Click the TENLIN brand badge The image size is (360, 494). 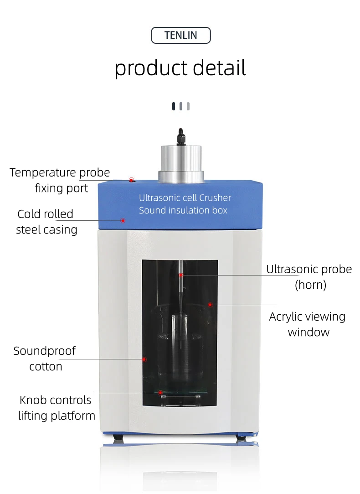point(180,36)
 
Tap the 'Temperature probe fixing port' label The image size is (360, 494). point(60,180)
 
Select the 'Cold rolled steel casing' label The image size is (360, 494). point(46,222)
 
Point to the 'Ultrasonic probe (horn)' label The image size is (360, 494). point(309,277)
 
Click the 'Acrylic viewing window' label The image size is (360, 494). point(308,324)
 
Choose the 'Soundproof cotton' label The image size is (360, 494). point(45,359)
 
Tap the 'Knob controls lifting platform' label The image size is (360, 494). point(56,408)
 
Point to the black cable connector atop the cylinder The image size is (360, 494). point(180,136)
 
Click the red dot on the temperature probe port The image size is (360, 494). point(131,180)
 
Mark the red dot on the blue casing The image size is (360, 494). point(123,220)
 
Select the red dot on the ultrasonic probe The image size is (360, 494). point(181,275)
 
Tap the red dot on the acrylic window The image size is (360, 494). point(210,304)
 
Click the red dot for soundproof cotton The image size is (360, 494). point(144,359)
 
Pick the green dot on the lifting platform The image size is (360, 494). point(160,392)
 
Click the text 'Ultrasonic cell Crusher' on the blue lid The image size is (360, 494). point(185,198)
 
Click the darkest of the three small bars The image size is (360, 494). point(174,106)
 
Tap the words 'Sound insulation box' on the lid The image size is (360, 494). point(183,210)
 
